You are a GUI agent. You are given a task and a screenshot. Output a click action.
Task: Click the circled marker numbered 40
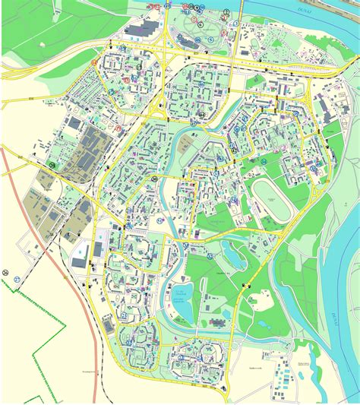coord(154,179)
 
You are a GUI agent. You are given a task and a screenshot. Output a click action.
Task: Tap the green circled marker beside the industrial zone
coord(52,164)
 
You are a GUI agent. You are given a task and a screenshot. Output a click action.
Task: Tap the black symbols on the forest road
coord(245,285)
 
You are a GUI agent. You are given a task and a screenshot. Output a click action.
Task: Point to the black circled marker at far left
coord(6,272)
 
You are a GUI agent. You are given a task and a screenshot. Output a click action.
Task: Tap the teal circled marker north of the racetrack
coord(264,161)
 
